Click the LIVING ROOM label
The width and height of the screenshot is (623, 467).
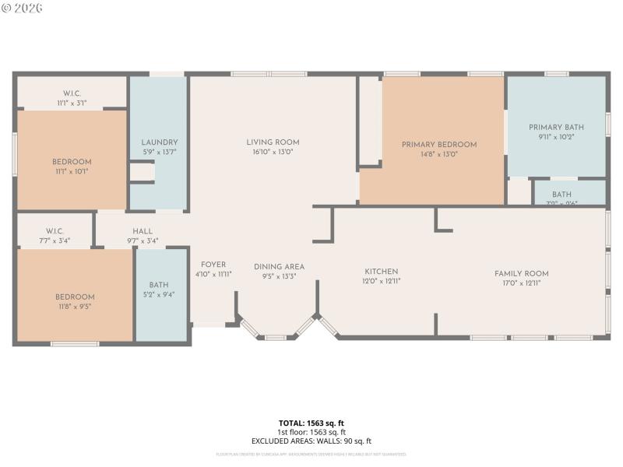273,142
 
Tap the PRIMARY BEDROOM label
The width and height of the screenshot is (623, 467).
439,145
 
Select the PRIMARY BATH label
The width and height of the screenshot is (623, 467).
556,128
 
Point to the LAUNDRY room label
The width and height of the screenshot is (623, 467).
160,142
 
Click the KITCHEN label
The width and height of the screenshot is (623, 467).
382,272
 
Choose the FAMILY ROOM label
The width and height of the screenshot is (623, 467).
522,273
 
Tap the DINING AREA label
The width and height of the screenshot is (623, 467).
279,267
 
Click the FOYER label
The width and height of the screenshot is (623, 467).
213,265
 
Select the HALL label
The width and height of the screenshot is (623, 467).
143,231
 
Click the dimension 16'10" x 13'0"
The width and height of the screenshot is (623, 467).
273,153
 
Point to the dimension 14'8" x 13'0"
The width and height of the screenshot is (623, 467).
439,155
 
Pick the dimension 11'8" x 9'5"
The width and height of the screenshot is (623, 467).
75,307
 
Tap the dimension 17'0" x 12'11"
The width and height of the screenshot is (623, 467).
522,283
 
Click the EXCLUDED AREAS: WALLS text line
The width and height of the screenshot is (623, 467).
311,441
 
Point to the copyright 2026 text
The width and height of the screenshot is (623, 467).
23,8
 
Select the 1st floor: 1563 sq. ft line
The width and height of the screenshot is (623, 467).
311,432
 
